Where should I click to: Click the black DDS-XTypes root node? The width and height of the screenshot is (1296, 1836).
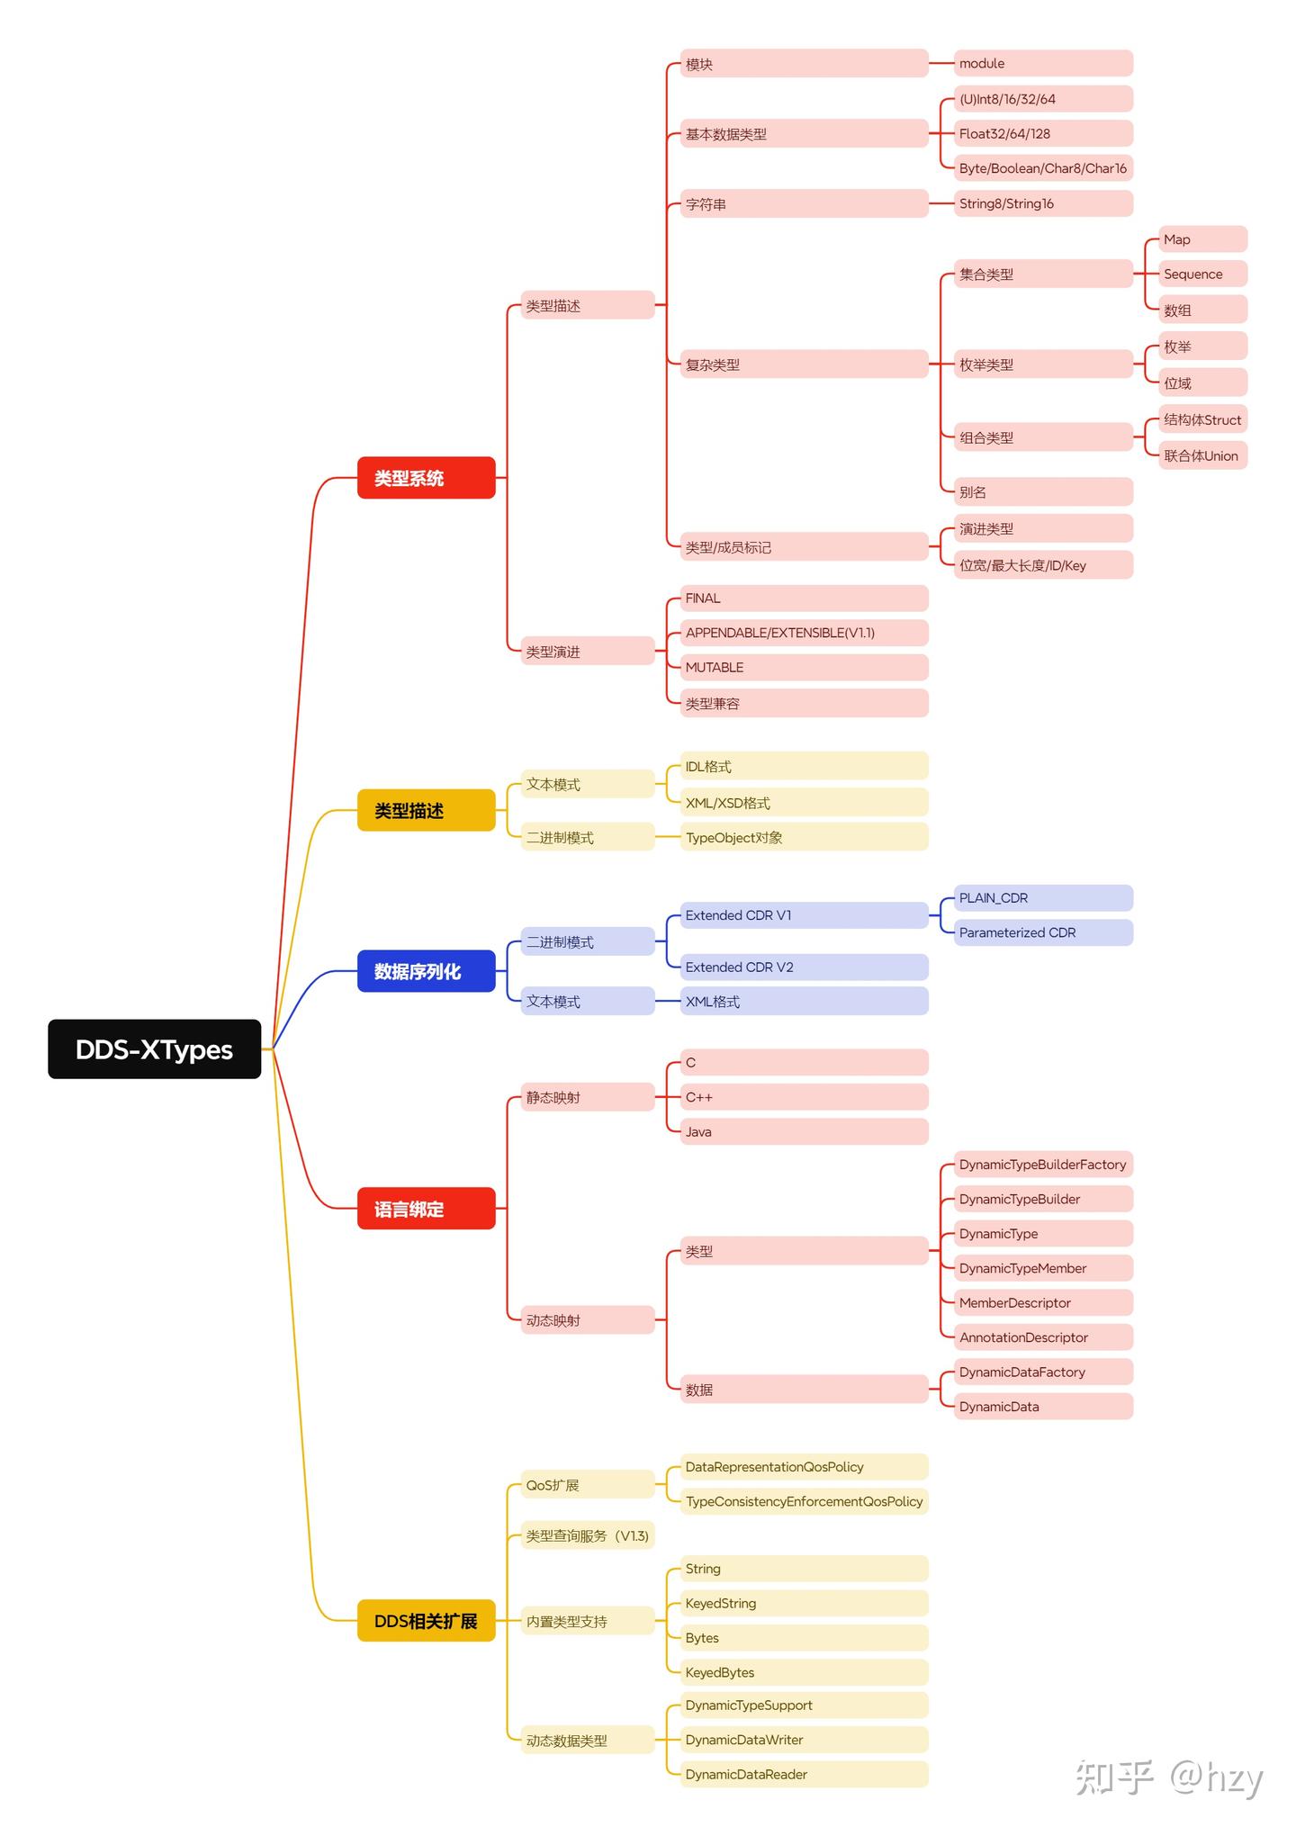[x=154, y=1048]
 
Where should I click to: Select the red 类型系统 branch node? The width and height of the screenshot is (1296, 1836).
[x=426, y=477]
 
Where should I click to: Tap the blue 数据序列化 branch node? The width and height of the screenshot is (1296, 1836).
[x=426, y=971]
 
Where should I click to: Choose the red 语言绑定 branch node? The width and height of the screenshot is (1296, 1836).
[x=426, y=1208]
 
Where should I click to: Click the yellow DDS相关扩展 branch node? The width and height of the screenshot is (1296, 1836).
[x=426, y=1620]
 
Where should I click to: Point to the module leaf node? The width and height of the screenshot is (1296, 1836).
[x=1043, y=63]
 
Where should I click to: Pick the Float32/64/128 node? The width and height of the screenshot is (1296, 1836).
[x=1043, y=133]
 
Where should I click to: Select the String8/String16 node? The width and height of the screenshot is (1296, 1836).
[x=1043, y=203]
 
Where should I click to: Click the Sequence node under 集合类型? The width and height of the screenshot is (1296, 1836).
[x=1202, y=274]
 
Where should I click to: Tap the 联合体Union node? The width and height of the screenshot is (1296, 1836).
[x=1202, y=455]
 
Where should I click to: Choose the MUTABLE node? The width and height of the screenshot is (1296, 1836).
[x=804, y=667]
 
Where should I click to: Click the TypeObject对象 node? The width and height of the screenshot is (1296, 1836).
[x=804, y=837]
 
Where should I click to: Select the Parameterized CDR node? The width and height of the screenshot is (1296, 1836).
[x=1043, y=932]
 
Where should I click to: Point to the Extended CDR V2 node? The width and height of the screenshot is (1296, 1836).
[x=804, y=967]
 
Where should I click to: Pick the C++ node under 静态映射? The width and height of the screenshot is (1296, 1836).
[x=804, y=1096]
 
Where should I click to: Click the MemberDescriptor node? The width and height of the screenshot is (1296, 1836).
[x=1043, y=1302]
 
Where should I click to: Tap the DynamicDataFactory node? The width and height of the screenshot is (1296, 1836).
[x=1043, y=1372]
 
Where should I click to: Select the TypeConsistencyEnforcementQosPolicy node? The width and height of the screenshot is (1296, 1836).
[x=804, y=1501]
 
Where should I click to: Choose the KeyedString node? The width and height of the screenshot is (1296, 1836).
[x=804, y=1603]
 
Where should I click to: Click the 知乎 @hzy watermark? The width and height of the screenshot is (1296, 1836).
[x=1169, y=1778]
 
